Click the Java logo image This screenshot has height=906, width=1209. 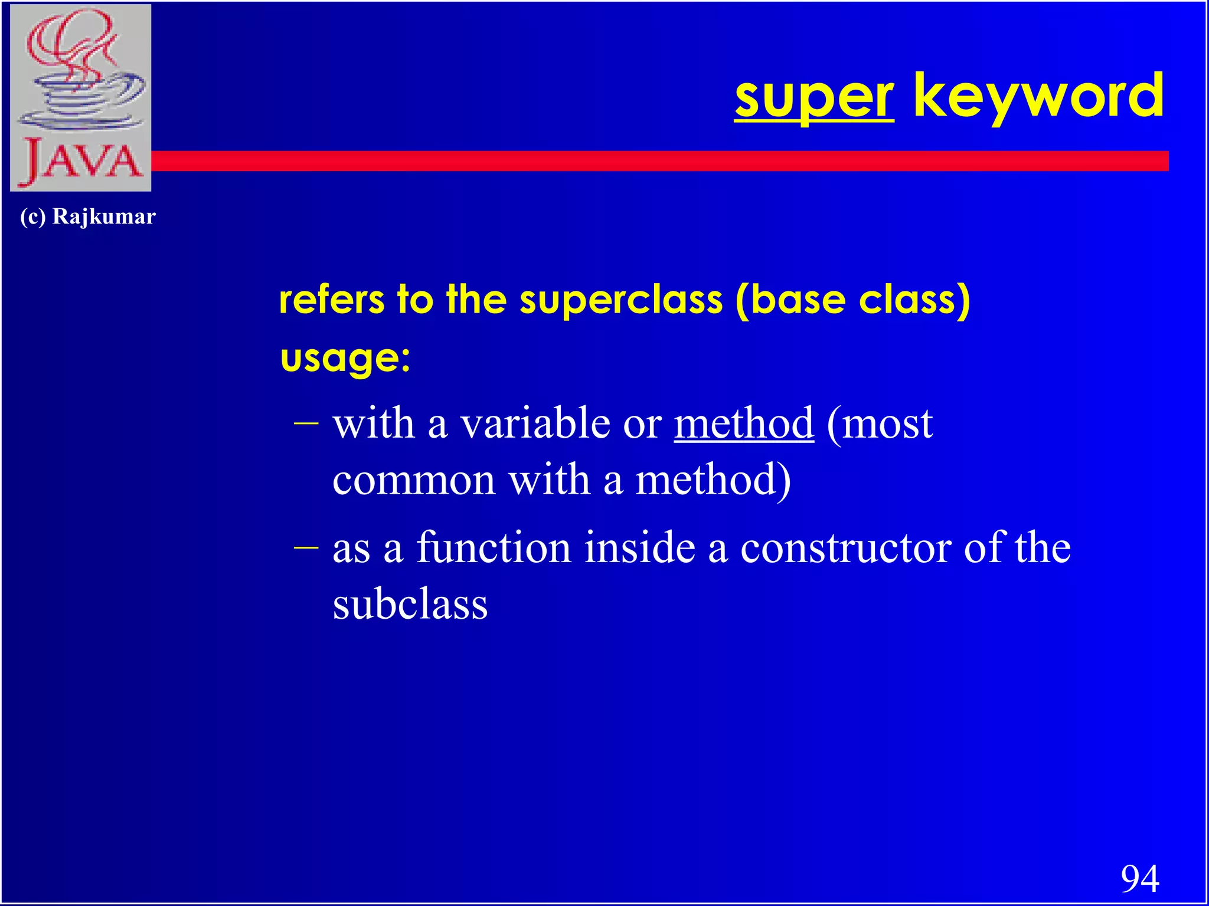[81, 97]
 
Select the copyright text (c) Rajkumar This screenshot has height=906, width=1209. [87, 216]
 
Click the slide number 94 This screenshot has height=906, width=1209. [1139, 878]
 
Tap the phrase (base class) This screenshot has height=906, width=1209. [852, 300]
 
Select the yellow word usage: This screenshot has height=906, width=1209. [345, 358]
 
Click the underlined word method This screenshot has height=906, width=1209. [744, 424]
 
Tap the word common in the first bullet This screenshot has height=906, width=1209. [413, 480]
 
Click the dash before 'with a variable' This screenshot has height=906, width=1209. [306, 422]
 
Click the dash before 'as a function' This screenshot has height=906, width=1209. [306, 547]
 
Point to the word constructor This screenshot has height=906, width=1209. [845, 547]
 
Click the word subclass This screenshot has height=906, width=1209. [410, 605]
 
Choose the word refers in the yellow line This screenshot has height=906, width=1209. [331, 300]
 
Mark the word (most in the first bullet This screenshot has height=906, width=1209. [880, 424]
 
